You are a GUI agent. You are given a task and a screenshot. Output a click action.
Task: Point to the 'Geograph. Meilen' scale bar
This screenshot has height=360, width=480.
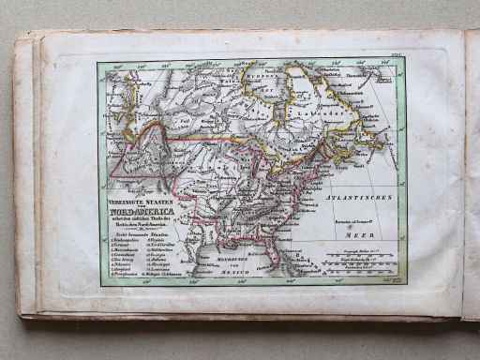[x=360, y=254]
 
